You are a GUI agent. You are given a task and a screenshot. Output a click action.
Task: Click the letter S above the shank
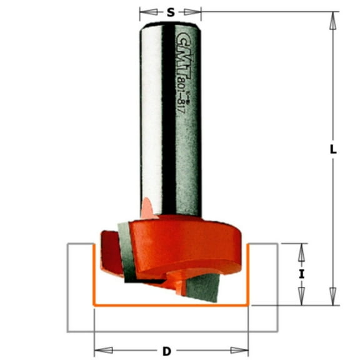coord(170,11)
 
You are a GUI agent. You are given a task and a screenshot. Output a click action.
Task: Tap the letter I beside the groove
coord(301,274)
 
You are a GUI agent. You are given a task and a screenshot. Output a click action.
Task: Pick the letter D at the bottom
coord(166,351)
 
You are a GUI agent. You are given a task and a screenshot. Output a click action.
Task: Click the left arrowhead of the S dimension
coord(143,11)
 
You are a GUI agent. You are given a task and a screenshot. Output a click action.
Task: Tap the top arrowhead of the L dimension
coord(333,18)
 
